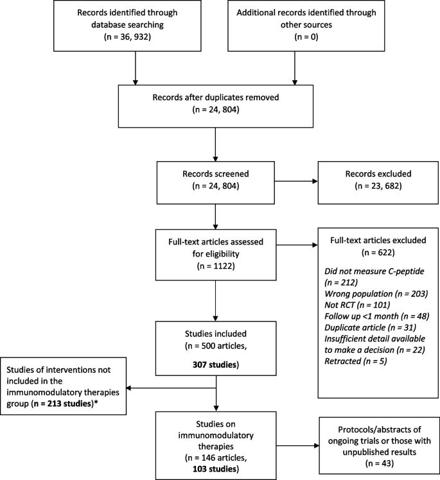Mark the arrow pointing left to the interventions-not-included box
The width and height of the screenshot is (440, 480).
(x=171, y=388)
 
